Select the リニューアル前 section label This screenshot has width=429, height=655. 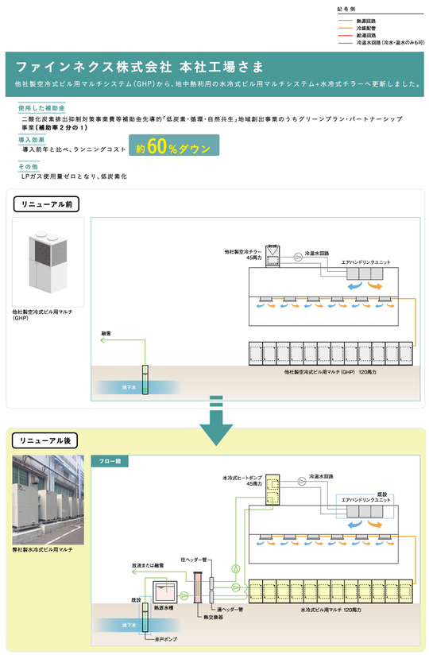click(x=44, y=203)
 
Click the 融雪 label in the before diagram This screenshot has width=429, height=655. click(x=106, y=332)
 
